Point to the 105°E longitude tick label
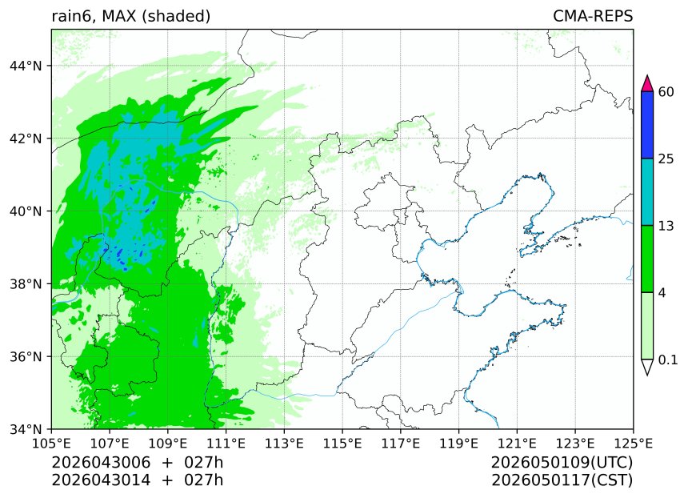pyautogui.click(x=51, y=442)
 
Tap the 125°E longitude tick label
pyautogui.click(x=633, y=442)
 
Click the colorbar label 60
pyautogui.click(x=666, y=92)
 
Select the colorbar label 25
pyautogui.click(x=666, y=159)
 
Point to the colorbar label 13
pyautogui.click(x=666, y=226)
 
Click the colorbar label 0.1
pyautogui.click(x=668, y=360)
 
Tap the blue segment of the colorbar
pyautogui.click(x=648, y=125)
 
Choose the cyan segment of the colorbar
pyautogui.click(x=648, y=192)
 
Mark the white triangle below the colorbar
pyautogui.click(x=648, y=367)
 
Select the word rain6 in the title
pyautogui.click(x=72, y=16)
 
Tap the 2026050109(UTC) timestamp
pyautogui.click(x=562, y=463)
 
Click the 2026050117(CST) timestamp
pyautogui.click(x=562, y=480)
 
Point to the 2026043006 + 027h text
pyautogui.click(x=137, y=463)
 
